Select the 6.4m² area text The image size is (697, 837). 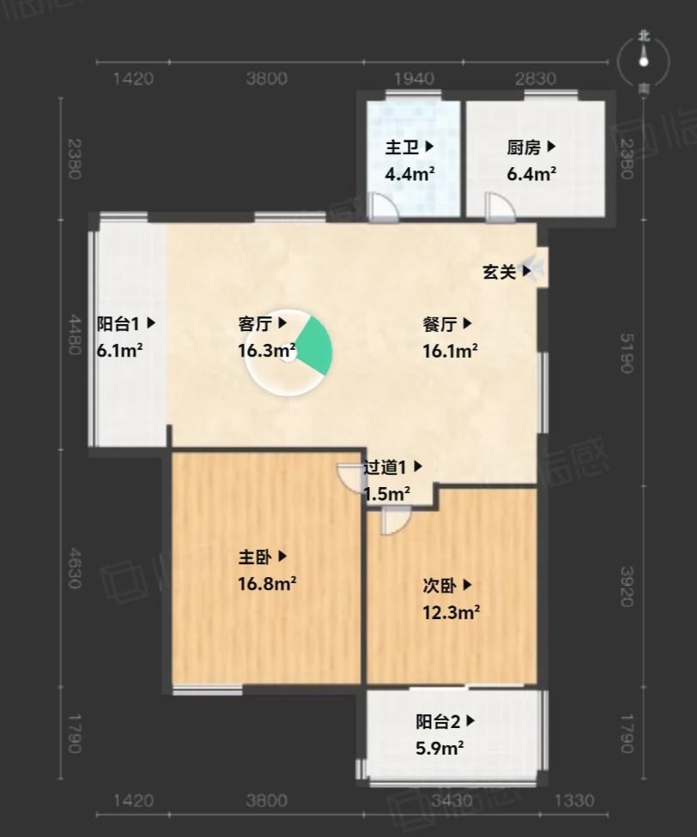coord(531,173)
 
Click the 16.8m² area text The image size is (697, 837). coord(267,583)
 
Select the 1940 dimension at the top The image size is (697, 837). coord(414,79)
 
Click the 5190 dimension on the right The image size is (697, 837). coord(627,352)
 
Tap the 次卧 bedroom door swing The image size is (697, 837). coord(396,521)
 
